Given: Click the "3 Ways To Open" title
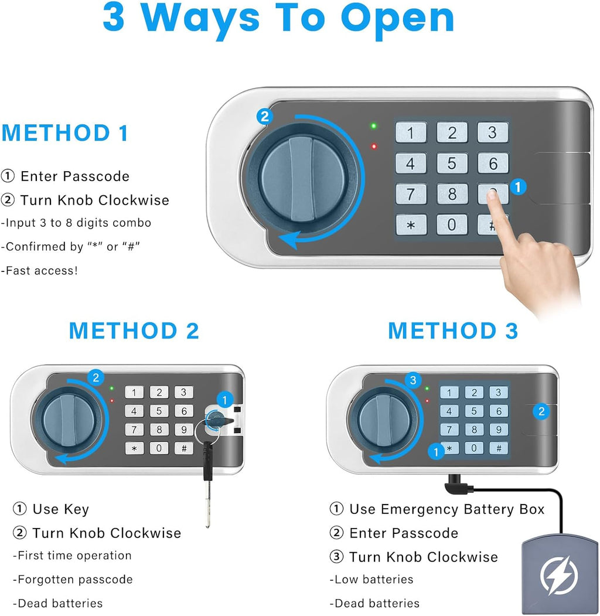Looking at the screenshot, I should tap(279, 19).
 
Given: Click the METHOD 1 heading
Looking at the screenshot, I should tap(65, 133).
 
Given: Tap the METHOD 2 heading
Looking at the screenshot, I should tap(134, 331).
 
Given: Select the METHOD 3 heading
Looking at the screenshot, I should tap(453, 331).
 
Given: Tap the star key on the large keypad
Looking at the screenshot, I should tap(411, 224).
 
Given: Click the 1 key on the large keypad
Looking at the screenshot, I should tap(411, 132).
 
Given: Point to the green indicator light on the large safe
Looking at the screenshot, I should tap(373, 125).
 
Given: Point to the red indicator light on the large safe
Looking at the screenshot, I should tap(373, 147).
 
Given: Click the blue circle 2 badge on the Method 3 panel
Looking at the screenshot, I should tap(541, 411).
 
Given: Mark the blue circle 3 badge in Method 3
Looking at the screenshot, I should tap(414, 380).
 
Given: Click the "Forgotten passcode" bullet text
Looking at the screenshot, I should tap(73, 579).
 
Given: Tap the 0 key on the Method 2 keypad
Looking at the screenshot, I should tap(159, 448).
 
